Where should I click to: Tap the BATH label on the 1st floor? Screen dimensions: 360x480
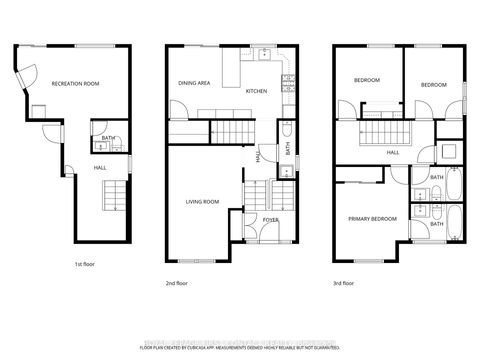(107, 137)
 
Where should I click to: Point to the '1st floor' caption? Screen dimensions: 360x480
(85, 264)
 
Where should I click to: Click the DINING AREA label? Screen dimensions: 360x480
(194, 84)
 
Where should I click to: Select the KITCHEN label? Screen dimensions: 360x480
(257, 91)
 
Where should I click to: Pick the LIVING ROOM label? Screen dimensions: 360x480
(202, 202)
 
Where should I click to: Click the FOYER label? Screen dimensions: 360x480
(270, 218)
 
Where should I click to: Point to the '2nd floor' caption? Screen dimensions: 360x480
(177, 283)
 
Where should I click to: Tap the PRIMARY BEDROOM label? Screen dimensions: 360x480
(372, 218)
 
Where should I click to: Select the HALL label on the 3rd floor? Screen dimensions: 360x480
(393, 152)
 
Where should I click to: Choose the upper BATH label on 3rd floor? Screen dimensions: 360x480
(436, 178)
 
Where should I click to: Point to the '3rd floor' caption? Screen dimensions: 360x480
(344, 283)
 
